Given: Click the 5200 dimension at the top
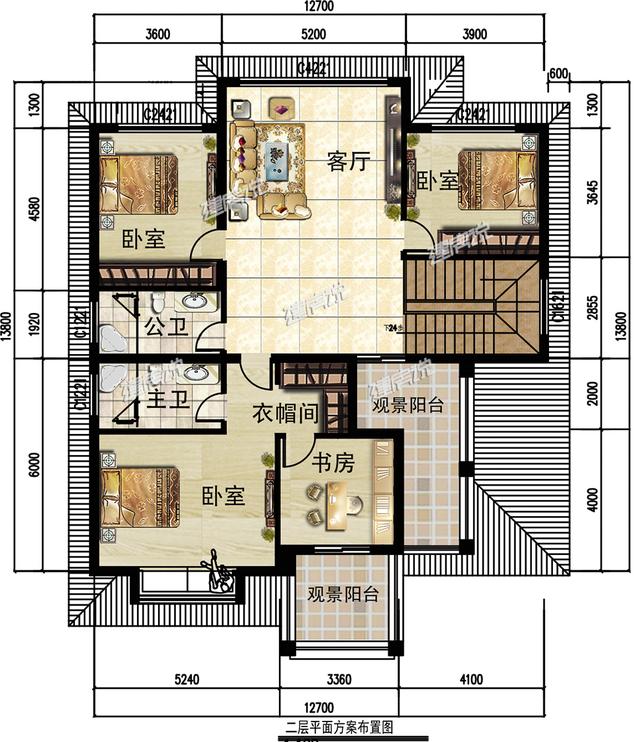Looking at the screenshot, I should click(x=313, y=34).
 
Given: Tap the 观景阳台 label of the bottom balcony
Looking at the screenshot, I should click(x=342, y=594).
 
